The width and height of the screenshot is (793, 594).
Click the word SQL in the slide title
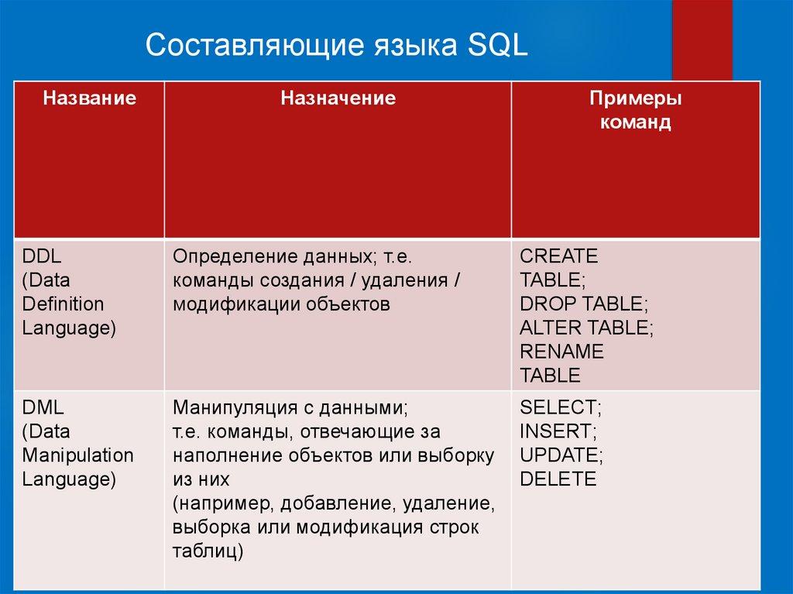498,45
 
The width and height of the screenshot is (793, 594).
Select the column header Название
90,98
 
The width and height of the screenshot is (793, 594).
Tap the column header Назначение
338,98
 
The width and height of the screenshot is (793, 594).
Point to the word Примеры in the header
635,98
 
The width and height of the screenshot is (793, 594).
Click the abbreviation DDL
42,256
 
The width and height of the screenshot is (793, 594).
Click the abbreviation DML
43,407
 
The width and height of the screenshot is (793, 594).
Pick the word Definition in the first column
63,304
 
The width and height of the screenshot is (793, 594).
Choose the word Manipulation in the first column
78,456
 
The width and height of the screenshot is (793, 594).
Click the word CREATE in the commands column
558,256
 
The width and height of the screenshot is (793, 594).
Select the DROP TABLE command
584,304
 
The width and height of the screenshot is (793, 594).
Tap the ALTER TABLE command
587,328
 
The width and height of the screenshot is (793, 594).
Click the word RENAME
561,351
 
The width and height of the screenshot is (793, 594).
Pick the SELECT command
561,408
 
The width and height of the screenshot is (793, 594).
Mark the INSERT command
558,431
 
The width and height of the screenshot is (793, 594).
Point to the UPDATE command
561,455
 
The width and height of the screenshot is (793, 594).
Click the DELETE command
558,479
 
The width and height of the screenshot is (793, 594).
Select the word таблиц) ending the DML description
208,551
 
